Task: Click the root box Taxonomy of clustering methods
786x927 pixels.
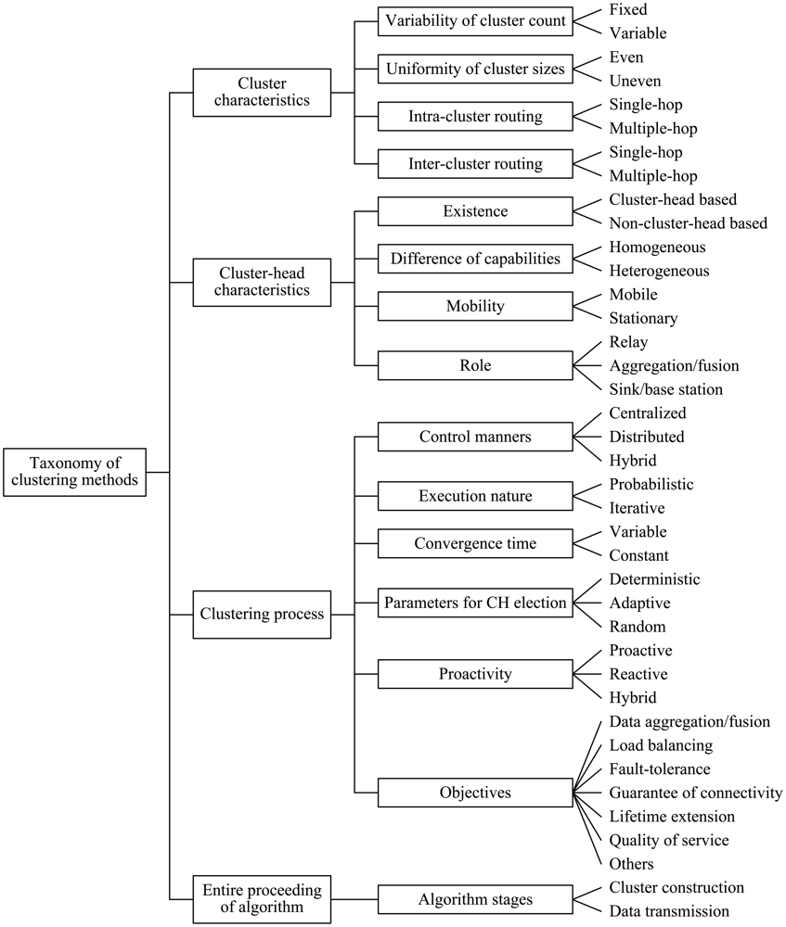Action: (x=75, y=472)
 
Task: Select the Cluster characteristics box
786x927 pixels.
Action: (x=262, y=92)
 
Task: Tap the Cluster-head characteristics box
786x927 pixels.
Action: (x=262, y=282)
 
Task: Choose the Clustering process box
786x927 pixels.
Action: (x=262, y=614)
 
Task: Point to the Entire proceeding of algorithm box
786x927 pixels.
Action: (x=262, y=899)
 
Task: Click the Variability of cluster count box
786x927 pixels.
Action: (x=475, y=20)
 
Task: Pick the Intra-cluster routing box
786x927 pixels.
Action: (x=475, y=117)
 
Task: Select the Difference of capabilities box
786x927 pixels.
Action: (x=475, y=259)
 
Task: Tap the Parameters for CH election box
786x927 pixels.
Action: (x=475, y=603)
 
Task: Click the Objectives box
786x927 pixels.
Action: (x=475, y=793)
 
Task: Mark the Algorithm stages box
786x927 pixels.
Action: (x=475, y=899)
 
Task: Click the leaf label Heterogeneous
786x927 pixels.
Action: (x=659, y=271)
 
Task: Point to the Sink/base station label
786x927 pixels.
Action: (x=664, y=389)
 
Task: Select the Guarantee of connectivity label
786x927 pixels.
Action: (x=696, y=793)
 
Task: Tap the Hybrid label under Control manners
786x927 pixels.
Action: (x=634, y=460)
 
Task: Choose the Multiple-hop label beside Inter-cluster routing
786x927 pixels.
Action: (x=653, y=175)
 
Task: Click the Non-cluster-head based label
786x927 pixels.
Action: (x=688, y=222)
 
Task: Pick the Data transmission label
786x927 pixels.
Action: (x=669, y=911)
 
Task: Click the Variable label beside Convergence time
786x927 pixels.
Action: (x=638, y=531)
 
